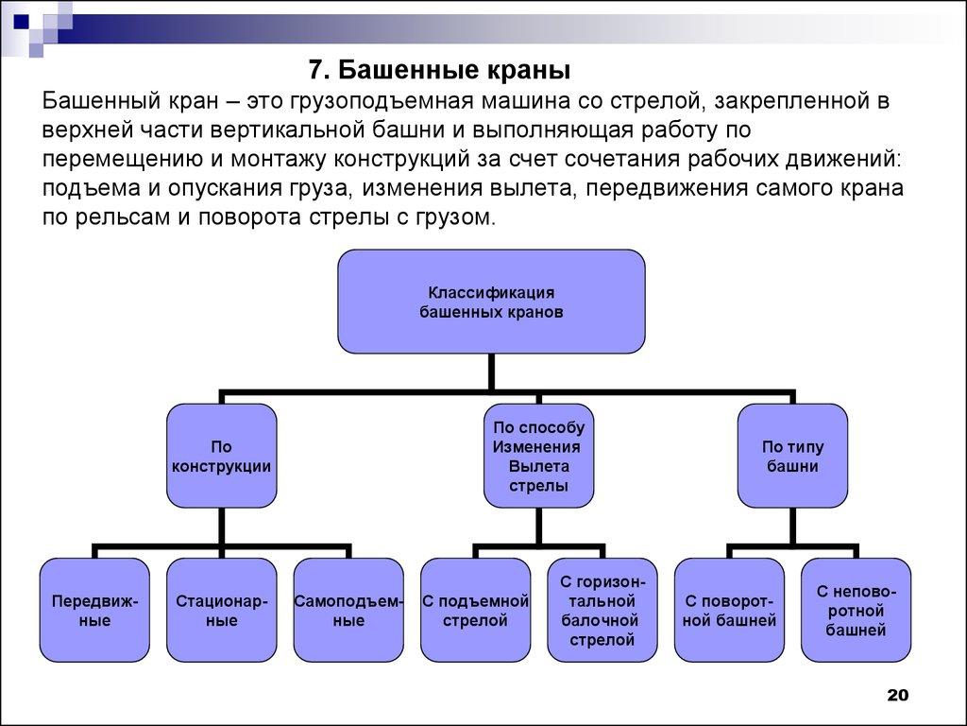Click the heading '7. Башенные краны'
pos(441,70)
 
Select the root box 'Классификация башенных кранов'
pos(491,301)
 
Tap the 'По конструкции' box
pos(222,456)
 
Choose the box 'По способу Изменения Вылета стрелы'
pos(539,456)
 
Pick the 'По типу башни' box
pos(791,456)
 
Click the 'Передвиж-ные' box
pos(94,610)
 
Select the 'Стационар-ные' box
pos(222,610)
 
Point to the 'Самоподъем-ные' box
pos(348,610)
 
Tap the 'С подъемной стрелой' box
pos(475,610)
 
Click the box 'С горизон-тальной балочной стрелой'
pos(602,610)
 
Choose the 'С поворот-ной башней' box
pos(729,610)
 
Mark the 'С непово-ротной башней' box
pos(856,610)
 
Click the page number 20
pos(896,696)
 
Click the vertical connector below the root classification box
pos(491,372)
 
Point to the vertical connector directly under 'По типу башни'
pos(791,526)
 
